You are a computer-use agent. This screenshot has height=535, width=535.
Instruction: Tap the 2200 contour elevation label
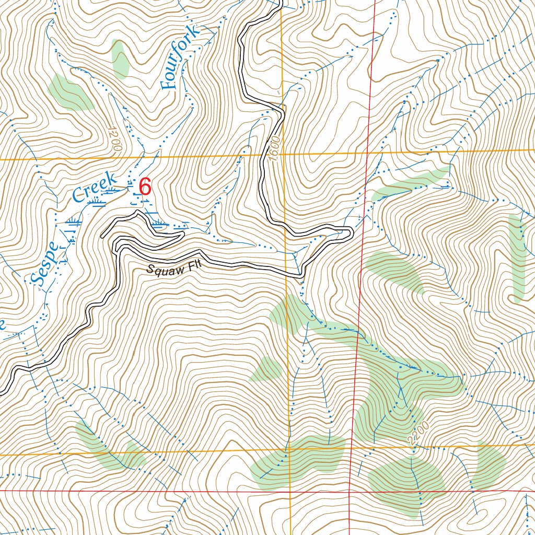click(418, 434)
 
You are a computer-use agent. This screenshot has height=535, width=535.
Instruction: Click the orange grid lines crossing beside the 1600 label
click(284, 154)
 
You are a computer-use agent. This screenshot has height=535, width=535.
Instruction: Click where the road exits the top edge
click(281, 2)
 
